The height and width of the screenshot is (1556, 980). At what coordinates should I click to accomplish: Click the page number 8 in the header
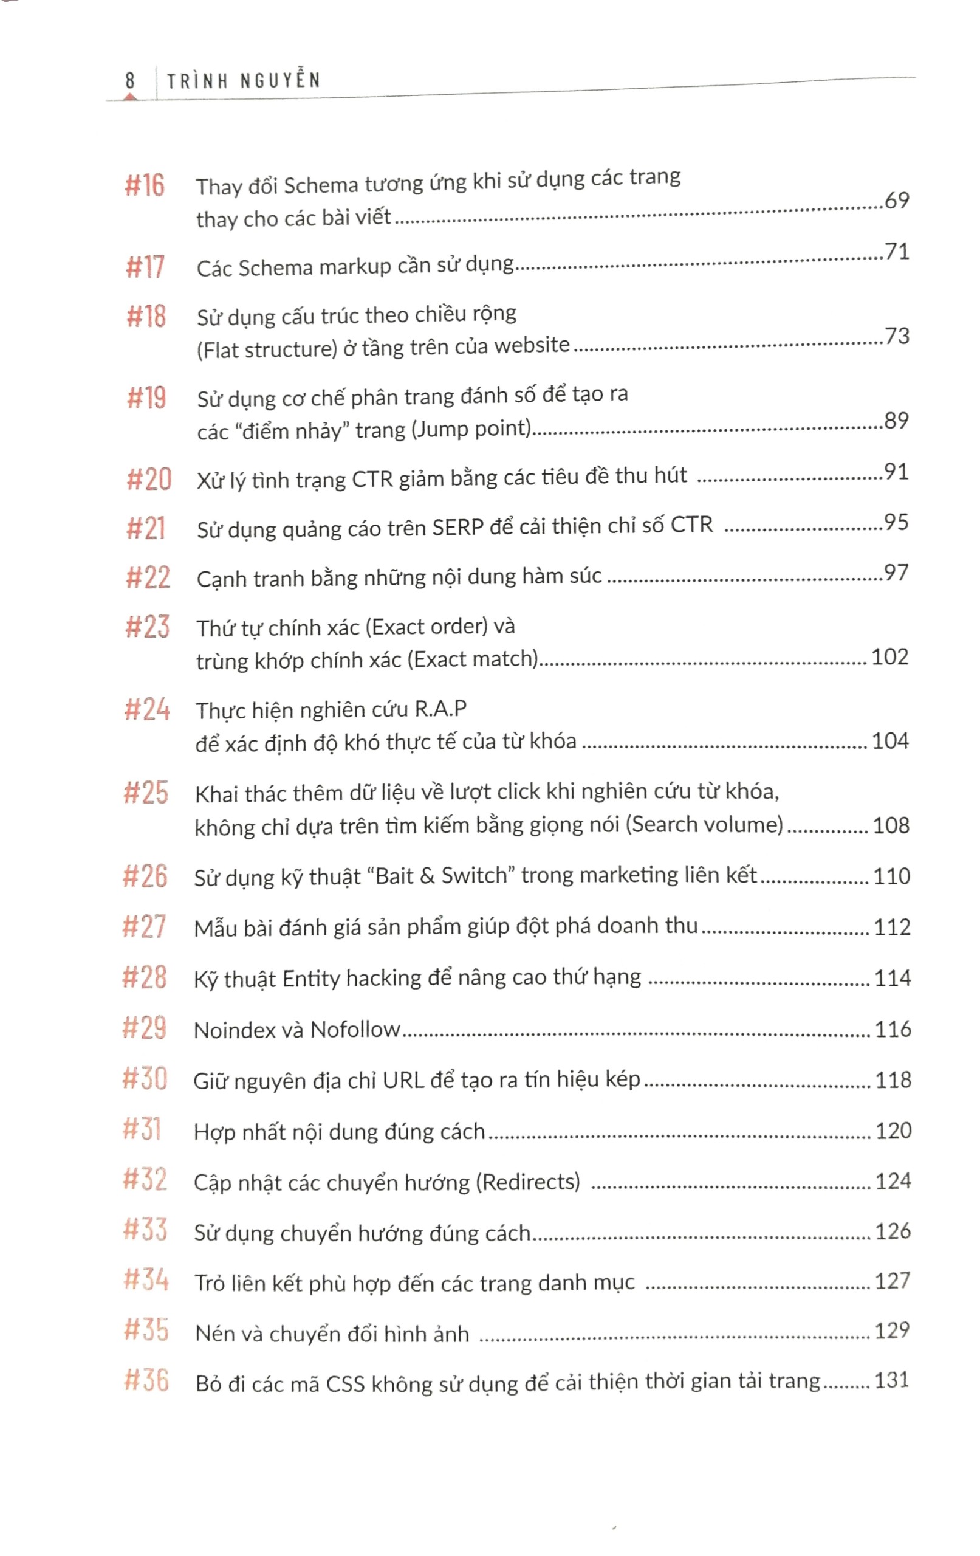pos(130,81)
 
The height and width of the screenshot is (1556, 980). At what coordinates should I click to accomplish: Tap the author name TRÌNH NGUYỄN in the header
pos(244,81)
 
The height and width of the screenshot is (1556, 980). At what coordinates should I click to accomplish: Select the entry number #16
pos(145,185)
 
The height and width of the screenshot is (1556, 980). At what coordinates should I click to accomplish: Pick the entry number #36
pos(146,1381)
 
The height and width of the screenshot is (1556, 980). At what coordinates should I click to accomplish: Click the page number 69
pos(897,201)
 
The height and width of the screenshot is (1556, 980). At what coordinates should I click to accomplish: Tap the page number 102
pos(889,657)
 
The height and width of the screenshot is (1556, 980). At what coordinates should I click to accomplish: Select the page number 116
pos(892,1028)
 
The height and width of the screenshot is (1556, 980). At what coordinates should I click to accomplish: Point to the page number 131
pos(891,1380)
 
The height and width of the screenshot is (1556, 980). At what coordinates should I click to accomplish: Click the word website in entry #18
pos(532,345)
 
